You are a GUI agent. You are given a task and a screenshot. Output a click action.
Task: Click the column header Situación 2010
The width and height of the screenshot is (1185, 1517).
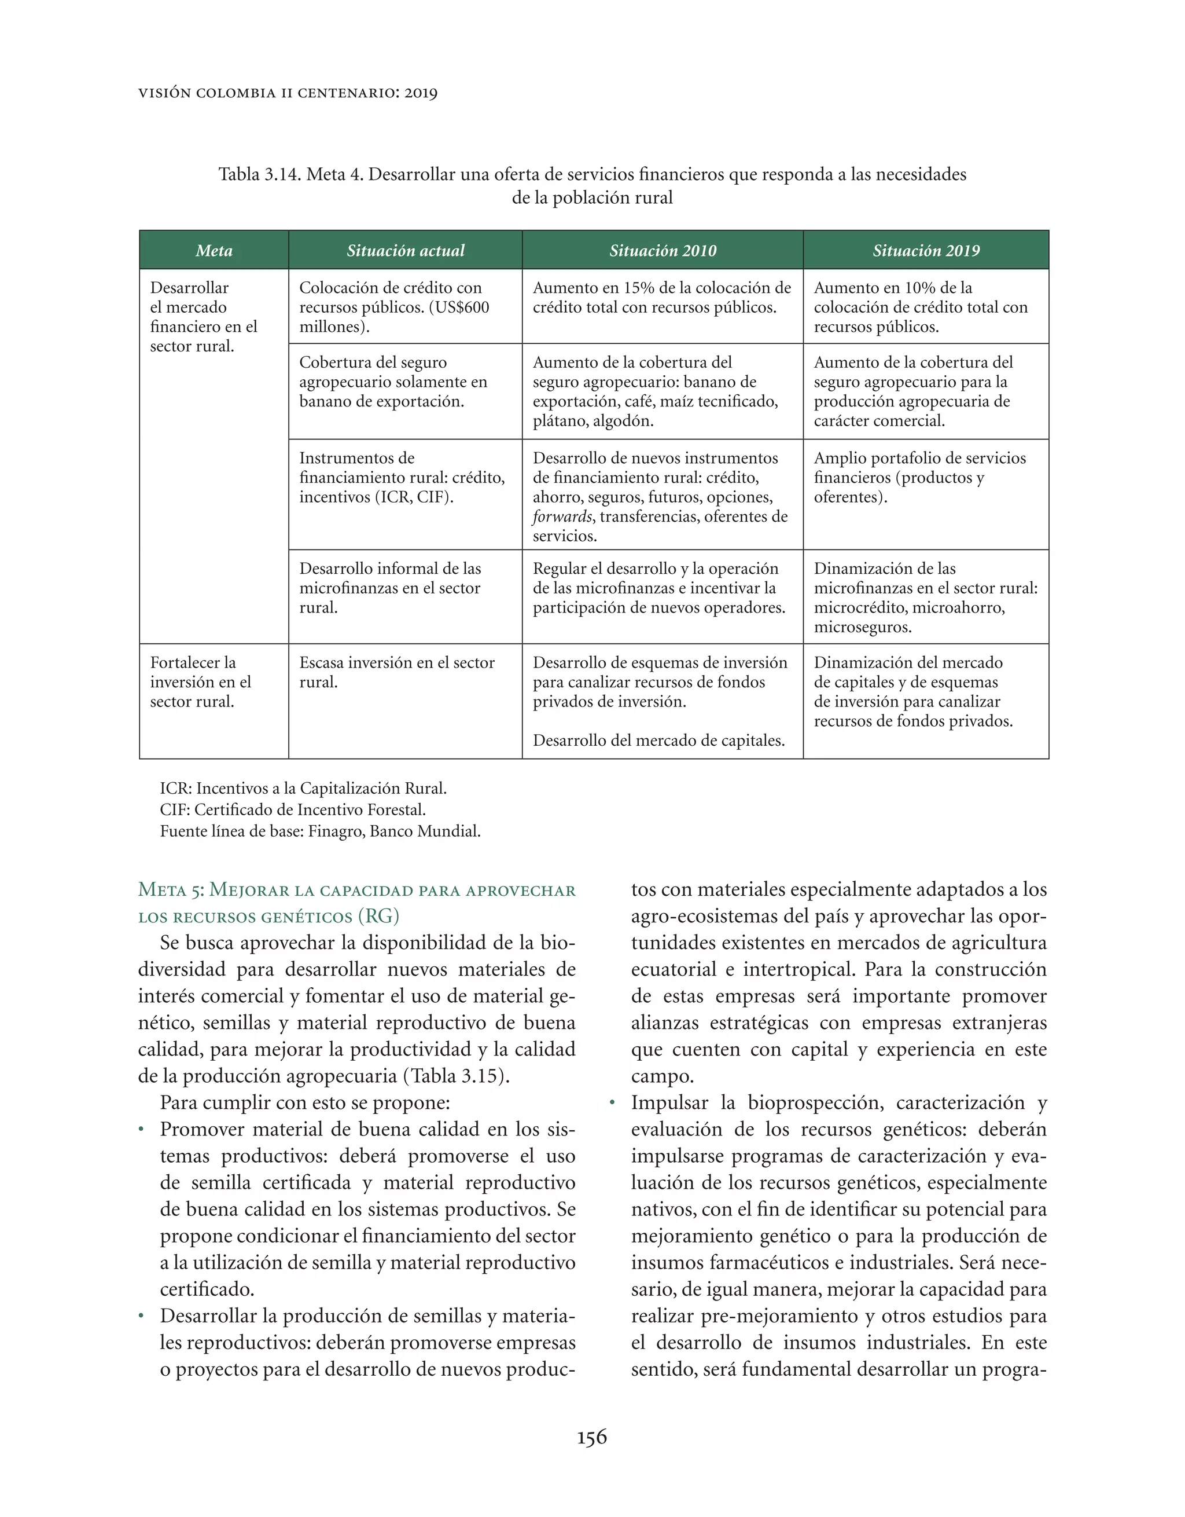pos(663,251)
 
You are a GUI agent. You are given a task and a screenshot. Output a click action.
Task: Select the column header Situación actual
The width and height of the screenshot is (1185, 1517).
pos(406,251)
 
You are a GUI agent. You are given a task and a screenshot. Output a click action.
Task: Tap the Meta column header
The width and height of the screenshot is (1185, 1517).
pos(214,251)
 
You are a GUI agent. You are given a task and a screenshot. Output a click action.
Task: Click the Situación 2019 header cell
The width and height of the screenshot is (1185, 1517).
pos(925,251)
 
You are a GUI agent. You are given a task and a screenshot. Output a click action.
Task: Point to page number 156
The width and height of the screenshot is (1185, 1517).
pos(591,1437)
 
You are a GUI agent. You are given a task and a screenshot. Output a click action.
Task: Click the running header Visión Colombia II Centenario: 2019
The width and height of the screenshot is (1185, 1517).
pos(288,93)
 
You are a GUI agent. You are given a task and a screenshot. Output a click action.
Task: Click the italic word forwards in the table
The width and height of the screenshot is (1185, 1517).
pos(562,517)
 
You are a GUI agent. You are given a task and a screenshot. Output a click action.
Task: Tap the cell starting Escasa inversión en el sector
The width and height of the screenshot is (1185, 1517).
pos(396,672)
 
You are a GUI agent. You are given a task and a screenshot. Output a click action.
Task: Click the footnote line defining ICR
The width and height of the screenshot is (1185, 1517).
pos(303,789)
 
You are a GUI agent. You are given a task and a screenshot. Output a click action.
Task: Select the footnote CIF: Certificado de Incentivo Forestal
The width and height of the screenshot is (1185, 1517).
pos(292,810)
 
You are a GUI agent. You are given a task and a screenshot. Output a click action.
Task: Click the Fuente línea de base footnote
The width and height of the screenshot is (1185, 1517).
pos(320,831)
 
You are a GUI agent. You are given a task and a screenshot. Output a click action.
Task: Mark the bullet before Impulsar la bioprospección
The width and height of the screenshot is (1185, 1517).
pos(612,1104)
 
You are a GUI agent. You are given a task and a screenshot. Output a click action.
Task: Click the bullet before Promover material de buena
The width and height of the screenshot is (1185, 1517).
pos(142,1130)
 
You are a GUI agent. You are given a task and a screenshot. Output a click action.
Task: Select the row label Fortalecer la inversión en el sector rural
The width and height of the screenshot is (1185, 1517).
pos(200,681)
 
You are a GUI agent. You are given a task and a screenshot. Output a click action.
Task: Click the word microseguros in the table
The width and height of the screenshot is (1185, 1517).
pos(862,627)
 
